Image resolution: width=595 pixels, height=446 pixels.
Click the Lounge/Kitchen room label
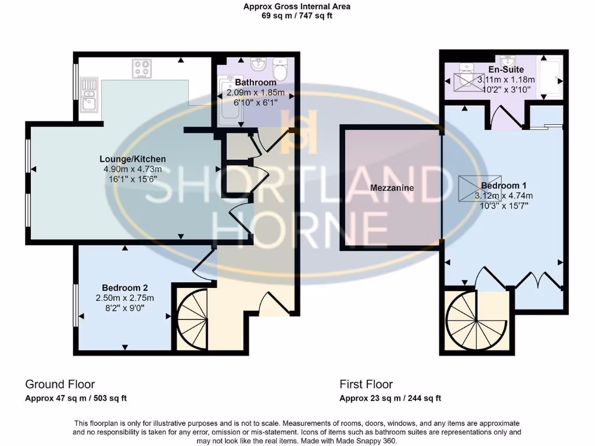(132, 159)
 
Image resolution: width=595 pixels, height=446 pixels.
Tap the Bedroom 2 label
(124, 287)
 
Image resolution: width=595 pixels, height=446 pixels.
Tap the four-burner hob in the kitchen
(142, 69)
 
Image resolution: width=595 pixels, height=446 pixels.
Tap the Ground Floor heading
(60, 384)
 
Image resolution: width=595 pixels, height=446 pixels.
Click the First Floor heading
(366, 384)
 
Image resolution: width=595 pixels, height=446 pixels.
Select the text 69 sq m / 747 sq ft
(297, 16)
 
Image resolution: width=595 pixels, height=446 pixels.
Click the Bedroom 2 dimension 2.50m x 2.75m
(124, 298)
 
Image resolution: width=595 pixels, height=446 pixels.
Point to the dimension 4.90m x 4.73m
(132, 169)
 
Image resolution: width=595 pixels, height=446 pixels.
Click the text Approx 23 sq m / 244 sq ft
(390, 398)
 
